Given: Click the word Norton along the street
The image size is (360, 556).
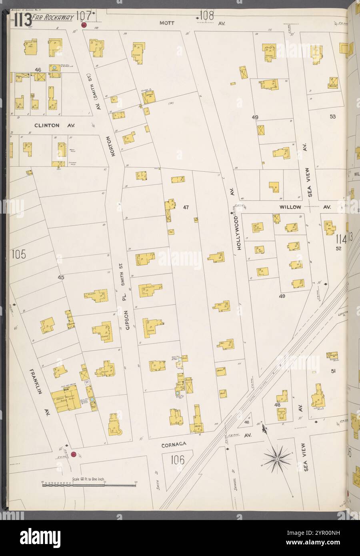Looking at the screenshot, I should [x=114, y=146].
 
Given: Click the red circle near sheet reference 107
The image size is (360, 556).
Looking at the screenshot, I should [x=84, y=25].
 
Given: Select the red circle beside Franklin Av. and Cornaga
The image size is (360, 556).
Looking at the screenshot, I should [x=74, y=454].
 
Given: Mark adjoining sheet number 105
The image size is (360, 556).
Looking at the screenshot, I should [x=19, y=254].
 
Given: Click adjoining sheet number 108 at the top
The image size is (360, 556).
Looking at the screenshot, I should [x=206, y=16].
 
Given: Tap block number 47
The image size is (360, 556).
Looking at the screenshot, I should [x=186, y=207].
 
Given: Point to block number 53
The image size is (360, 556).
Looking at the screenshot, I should [x=332, y=117].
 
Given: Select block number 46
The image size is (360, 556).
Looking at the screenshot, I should [x=38, y=70].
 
